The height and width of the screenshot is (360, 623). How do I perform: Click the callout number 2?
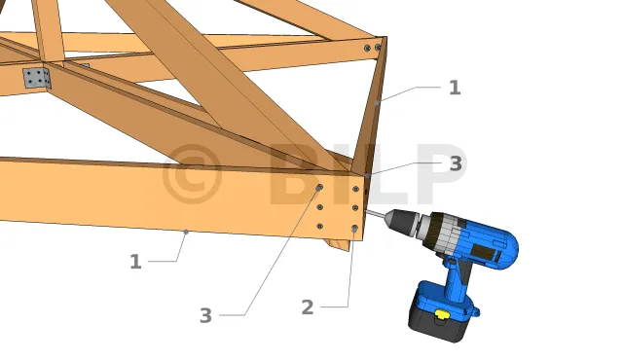308,307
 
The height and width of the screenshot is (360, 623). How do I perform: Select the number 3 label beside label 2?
205,315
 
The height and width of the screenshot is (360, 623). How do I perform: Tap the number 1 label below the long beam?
135,262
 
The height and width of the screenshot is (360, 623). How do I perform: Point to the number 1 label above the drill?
455,88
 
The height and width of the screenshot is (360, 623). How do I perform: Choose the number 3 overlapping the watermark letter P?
456,163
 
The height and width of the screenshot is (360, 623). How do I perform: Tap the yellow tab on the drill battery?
441,314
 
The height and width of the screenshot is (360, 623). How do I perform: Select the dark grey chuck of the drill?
402,221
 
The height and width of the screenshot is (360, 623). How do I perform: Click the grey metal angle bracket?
37,78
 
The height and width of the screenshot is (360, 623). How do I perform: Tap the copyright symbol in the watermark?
192,174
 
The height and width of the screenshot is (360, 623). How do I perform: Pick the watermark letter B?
297,174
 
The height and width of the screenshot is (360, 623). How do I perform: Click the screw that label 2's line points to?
354,229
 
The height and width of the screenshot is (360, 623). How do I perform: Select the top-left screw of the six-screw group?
320,188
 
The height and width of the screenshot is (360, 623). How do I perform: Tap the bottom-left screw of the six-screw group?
320,227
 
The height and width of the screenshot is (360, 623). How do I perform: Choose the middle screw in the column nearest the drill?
355,208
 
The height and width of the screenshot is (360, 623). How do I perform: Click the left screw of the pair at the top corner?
367,48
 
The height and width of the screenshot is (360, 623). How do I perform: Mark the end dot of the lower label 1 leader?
186,232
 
